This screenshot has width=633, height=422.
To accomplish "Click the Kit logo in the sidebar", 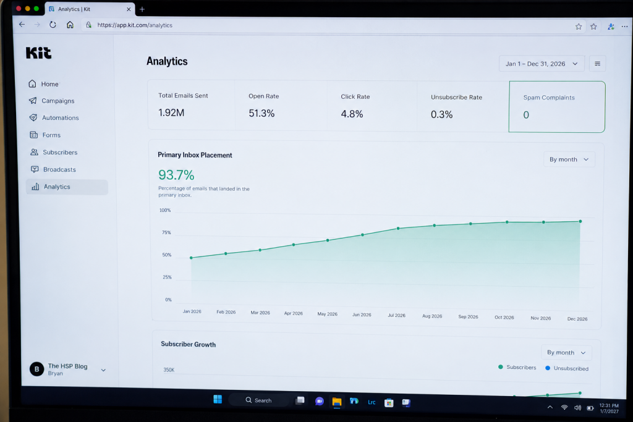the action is point(39,53).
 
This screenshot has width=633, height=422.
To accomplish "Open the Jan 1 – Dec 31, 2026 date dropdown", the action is point(542,64).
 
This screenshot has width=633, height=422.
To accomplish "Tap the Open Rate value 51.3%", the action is point(261,113).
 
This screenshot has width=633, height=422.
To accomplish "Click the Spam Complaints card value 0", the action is point(526,115).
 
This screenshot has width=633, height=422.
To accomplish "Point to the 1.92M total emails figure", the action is point(171,112).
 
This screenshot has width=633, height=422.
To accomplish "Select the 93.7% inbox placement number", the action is point(176,175).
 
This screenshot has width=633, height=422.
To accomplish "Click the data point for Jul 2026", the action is point(398,229).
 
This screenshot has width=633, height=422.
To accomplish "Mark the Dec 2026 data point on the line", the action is point(580,221).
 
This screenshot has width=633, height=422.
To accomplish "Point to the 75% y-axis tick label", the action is point(166,232).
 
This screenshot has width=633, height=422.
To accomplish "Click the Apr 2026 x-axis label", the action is point(294,313).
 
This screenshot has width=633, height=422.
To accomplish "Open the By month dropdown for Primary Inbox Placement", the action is point(569,159).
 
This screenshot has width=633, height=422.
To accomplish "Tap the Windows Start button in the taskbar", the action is point(218,399).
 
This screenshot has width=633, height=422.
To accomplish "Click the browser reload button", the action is point(53,25).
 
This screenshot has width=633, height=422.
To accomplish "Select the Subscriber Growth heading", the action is point(188,344).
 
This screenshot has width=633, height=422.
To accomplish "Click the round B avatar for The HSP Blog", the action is point(36,369).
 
